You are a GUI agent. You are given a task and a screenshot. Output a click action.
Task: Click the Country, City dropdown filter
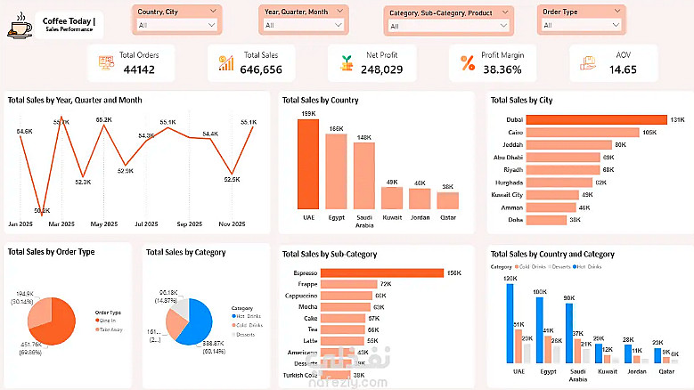[176, 25]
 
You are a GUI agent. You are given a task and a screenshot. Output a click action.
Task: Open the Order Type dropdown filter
[576, 25]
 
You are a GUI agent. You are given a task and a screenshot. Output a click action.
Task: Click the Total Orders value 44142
[139, 69]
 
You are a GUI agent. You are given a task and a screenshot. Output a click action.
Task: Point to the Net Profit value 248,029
[381, 69]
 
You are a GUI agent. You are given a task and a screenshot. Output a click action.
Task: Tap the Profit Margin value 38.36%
[502, 69]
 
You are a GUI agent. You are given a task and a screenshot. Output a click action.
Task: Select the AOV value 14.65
[623, 69]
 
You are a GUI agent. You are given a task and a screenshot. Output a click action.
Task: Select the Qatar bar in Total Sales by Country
[447, 200]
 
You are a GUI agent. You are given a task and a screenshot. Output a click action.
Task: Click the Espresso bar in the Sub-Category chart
[381, 272]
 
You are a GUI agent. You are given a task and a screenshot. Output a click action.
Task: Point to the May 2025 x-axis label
[103, 223]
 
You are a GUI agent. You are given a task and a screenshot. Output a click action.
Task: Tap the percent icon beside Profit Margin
[467, 62]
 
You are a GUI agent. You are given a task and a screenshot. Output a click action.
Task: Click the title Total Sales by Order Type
[51, 252]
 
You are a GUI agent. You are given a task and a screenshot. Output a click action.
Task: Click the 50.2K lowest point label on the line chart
[42, 210]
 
